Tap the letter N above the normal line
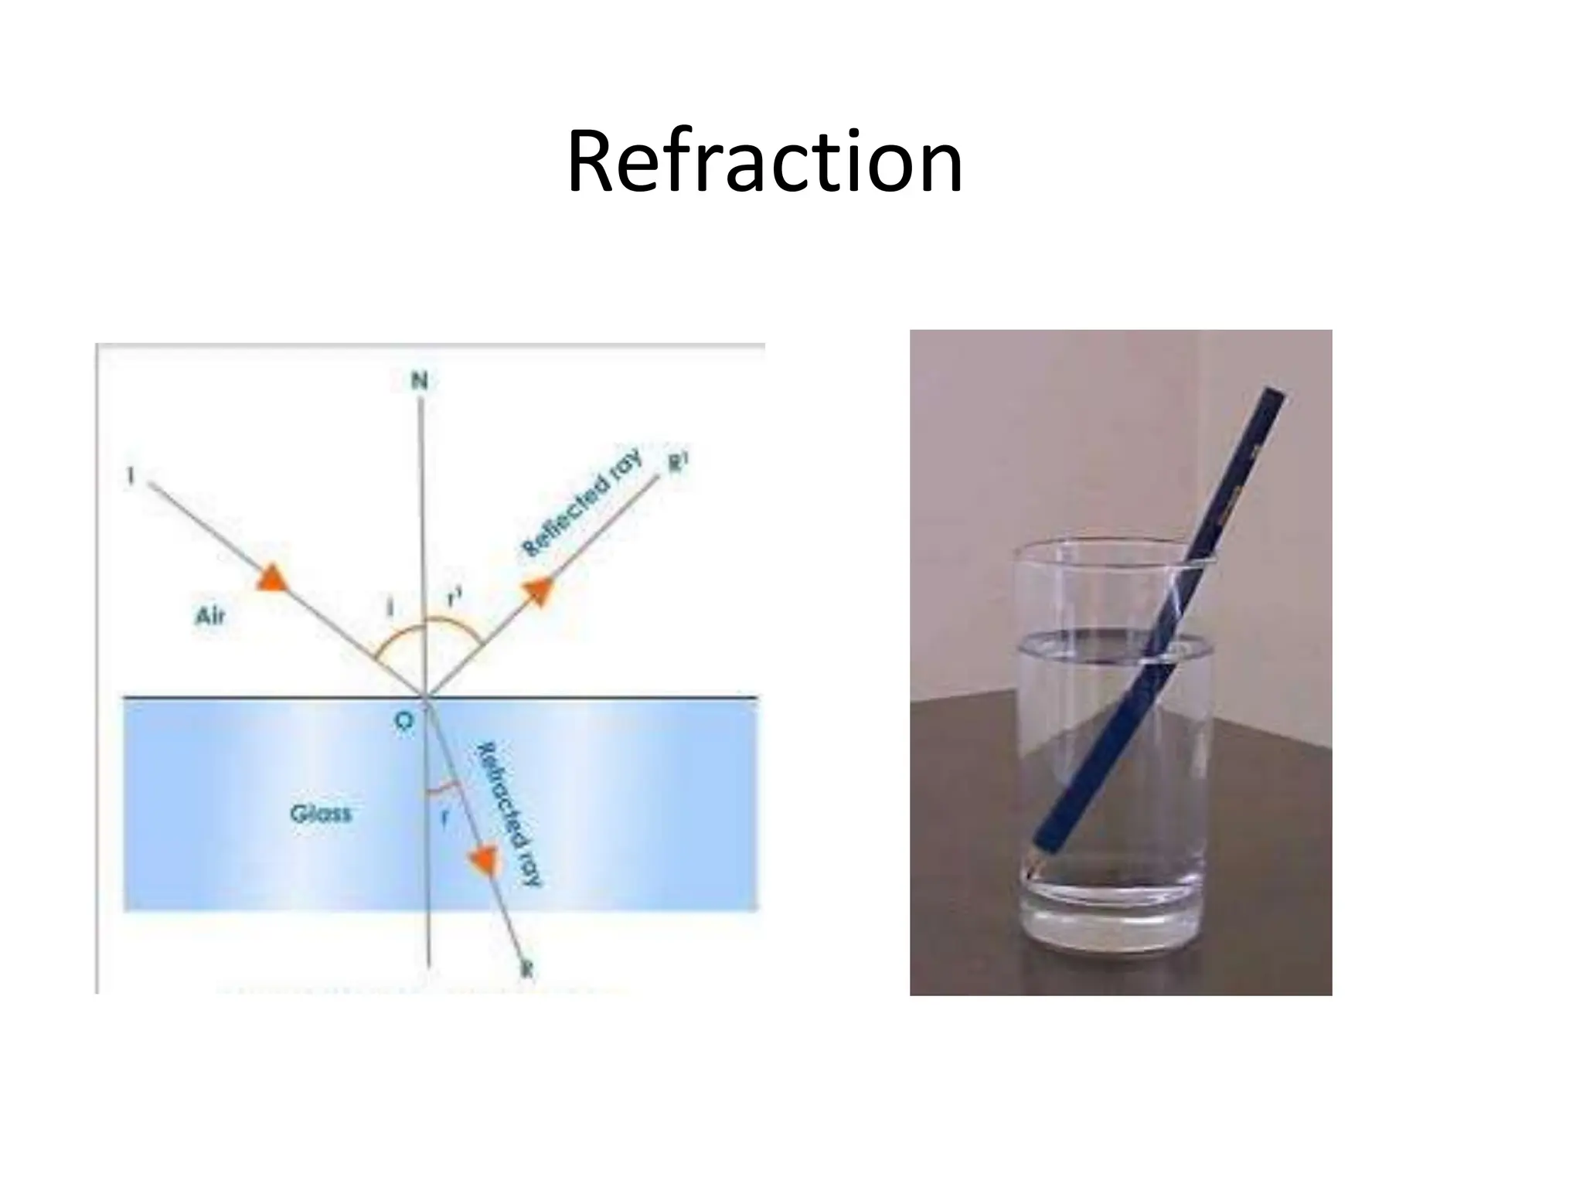pos(419,380)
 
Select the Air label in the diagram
pos(210,616)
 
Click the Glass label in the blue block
pos(321,814)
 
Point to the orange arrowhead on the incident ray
pos(271,578)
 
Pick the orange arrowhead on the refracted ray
pos(485,859)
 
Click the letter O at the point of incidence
pos(403,721)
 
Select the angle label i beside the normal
pos(390,609)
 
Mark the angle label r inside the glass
pos(444,819)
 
